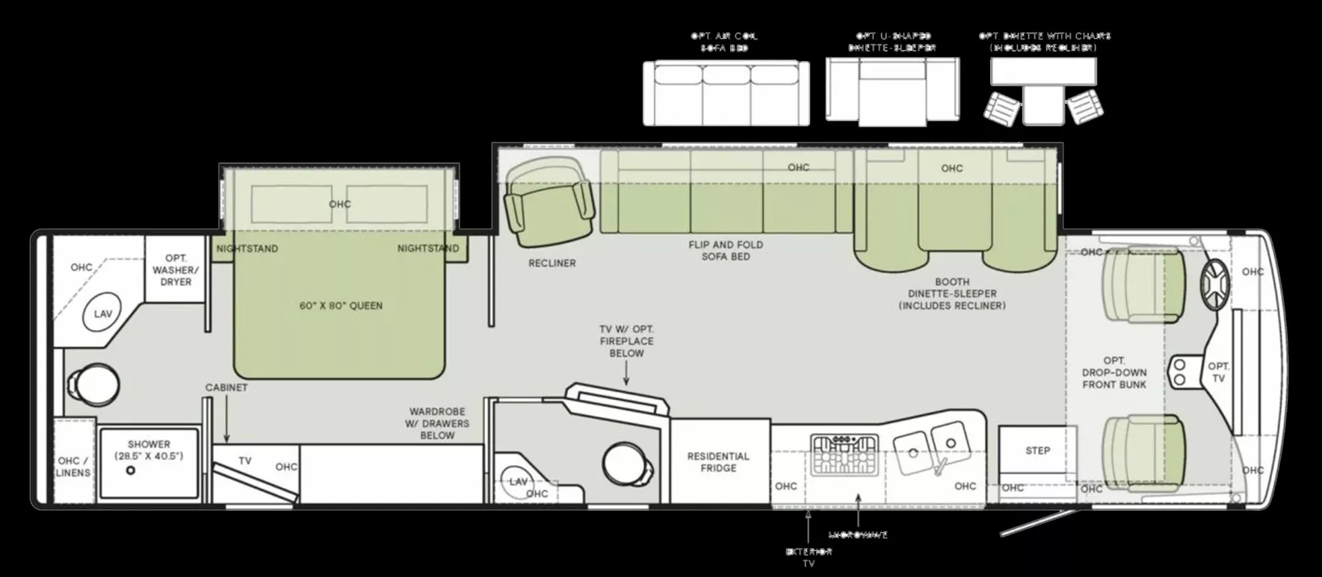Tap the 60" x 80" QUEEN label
pos(341,305)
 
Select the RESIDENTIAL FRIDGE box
pos(718,462)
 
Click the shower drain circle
pos(131,471)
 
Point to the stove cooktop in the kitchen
pos(844,454)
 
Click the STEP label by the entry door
pos(1037,451)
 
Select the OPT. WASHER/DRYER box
pos(176,270)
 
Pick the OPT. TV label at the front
pos(1219,372)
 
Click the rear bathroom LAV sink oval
pos(102,314)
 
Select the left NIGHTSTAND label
pos(247,249)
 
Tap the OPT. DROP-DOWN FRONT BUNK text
pos(1113,372)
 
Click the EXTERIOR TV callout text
pos(809,557)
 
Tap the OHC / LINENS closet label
pos(73,467)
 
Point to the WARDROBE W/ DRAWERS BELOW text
pos(437,423)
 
